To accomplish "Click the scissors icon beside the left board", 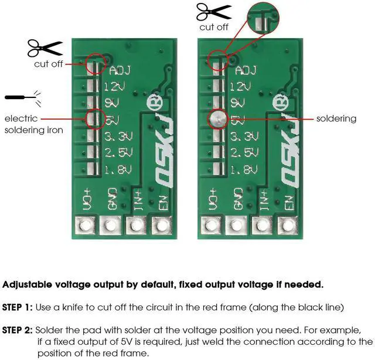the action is coord(45,48).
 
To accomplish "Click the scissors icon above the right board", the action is coord(214,12).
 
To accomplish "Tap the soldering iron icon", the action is coord(23,98).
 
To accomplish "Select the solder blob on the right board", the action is coord(217,118).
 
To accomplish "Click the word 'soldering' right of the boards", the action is coord(336,118).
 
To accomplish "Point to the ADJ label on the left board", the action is coord(120,70).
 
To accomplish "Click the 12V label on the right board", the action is coord(240,86).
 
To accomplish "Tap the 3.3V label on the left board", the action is coord(118,137).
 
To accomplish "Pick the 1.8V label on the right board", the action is coord(244,169).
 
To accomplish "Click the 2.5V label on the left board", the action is coord(118,152).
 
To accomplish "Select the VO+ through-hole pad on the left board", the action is coord(85,225).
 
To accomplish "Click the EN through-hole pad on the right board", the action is coord(288,225).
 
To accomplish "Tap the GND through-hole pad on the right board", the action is coord(236,225).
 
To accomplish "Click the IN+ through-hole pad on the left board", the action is coord(137,225).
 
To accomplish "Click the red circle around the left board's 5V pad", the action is coord(86,118).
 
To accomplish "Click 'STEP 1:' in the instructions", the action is coord(17,307).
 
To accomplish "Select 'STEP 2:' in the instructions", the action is coord(17,330).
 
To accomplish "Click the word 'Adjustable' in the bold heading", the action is coord(27,284).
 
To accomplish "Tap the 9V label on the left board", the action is coord(112,103).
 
